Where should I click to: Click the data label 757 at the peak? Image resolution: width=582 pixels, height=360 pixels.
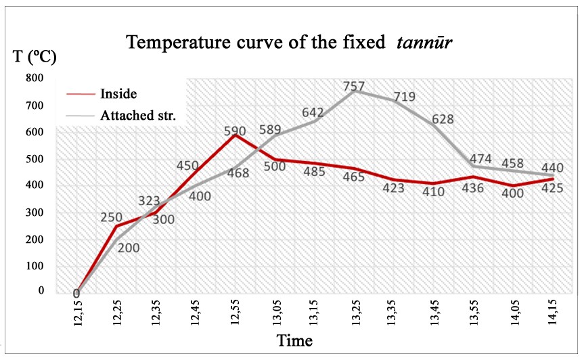click(x=354, y=87)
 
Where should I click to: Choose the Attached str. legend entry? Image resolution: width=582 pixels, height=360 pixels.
click(x=138, y=115)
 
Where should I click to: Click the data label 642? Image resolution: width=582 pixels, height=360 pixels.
click(x=313, y=112)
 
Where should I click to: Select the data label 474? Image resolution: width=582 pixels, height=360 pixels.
click(x=474, y=159)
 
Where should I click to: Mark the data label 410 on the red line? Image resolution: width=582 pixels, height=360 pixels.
click(x=434, y=192)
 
